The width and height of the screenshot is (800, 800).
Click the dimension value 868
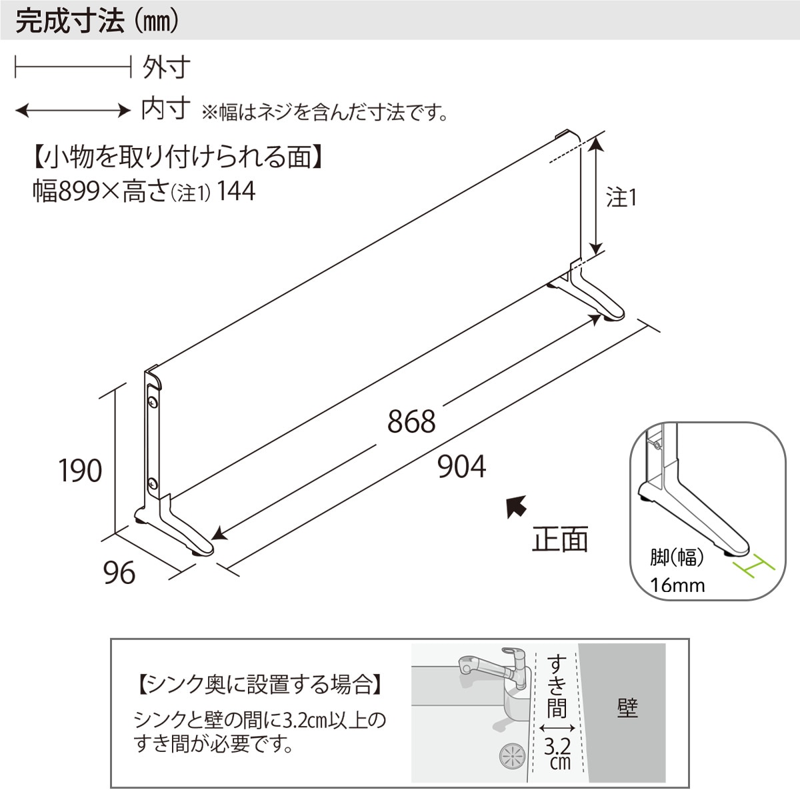pos(411,421)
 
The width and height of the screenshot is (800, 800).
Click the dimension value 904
pos(461,467)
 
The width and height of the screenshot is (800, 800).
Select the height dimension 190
pos(80,471)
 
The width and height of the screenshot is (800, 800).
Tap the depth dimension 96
pos(119,572)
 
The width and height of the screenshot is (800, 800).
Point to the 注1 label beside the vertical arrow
pos(621,198)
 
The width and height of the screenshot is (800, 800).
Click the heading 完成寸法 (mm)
pos(97,21)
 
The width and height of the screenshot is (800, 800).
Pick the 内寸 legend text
pos(166,109)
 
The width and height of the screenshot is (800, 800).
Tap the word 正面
pos(560,539)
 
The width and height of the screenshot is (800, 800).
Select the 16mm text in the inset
pos(677,585)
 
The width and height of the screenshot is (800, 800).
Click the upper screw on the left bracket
pos(153,402)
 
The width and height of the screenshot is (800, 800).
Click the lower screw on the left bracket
pos(153,483)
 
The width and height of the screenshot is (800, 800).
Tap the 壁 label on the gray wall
pos(627,708)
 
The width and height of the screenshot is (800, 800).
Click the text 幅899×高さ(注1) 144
pos(144,192)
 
